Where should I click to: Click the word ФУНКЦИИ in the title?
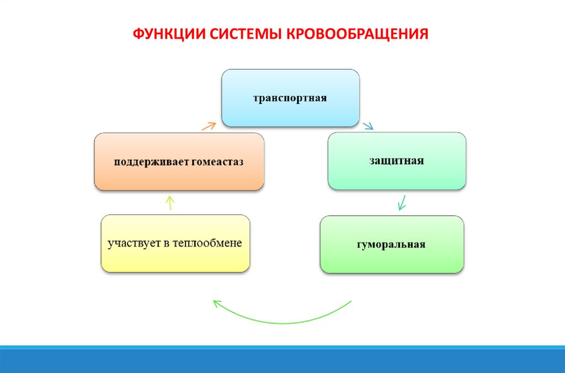click(x=169, y=34)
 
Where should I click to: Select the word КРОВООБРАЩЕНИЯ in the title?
click(x=356, y=34)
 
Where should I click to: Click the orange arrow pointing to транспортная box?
click(x=208, y=125)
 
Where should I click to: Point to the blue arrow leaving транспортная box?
click(x=367, y=125)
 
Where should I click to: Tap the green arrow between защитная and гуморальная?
click(x=402, y=202)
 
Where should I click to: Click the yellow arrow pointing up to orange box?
click(x=170, y=202)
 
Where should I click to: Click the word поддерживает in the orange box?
click(x=146, y=162)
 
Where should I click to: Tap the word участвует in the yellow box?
click(x=132, y=243)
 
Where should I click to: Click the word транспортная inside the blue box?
click(x=290, y=98)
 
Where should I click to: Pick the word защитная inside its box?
click(x=397, y=161)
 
